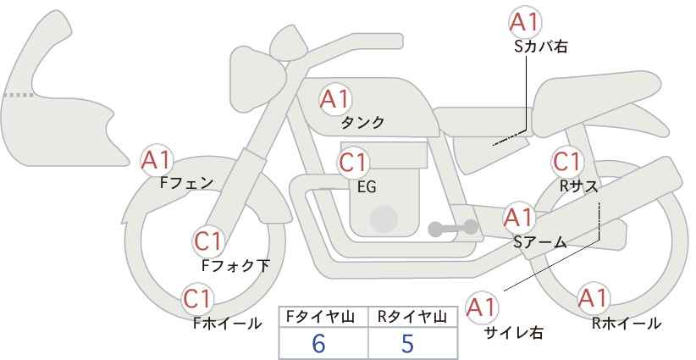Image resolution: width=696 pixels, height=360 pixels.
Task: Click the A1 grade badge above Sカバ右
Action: pyautogui.click(x=525, y=22)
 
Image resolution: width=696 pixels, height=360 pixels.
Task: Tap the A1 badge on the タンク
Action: pyautogui.click(x=334, y=99)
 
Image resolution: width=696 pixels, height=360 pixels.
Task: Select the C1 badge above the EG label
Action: pyautogui.click(x=353, y=162)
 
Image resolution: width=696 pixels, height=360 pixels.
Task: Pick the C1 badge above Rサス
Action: pyautogui.click(x=566, y=161)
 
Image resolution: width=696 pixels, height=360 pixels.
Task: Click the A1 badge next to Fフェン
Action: pyautogui.click(x=156, y=158)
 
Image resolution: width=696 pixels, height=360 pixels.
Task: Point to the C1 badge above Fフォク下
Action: pyautogui.click(x=207, y=241)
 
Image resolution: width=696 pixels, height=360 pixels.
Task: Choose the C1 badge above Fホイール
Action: pyautogui.click(x=198, y=299)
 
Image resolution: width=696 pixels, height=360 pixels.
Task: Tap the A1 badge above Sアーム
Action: pyautogui.click(x=518, y=218)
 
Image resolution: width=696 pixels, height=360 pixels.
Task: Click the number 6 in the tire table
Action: pyautogui.click(x=318, y=344)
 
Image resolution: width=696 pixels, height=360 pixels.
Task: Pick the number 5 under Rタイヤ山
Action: pyautogui.click(x=407, y=344)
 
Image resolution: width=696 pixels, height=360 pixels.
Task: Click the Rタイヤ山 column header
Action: pyautogui.click(x=412, y=317)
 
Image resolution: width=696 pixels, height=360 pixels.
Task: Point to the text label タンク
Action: pyautogui.click(x=362, y=123)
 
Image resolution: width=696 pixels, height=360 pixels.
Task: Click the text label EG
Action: pyautogui.click(x=367, y=186)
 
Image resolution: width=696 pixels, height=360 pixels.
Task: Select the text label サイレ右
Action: pyautogui.click(x=513, y=333)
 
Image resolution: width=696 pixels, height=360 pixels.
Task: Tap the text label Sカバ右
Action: pyautogui.click(x=540, y=47)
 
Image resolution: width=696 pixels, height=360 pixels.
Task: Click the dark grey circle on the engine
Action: pyautogui.click(x=384, y=219)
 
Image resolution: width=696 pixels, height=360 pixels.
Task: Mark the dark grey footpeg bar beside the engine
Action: pyautogui.click(x=454, y=228)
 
